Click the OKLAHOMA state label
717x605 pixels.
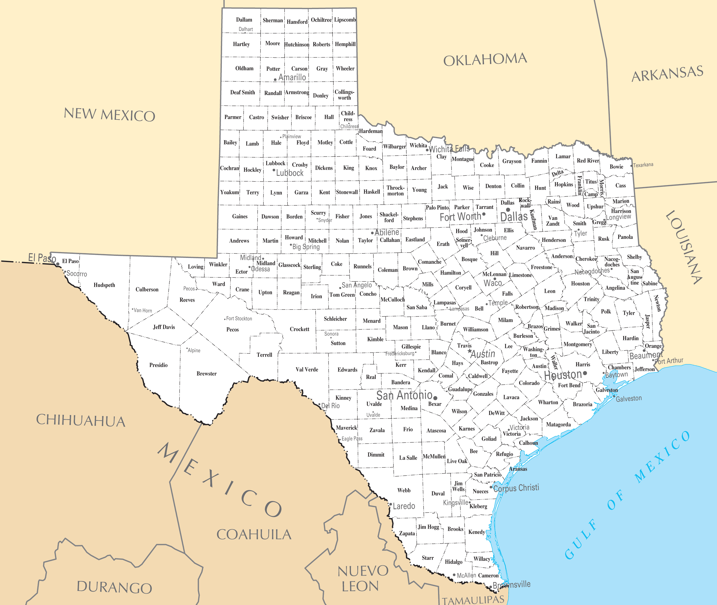(x=485, y=60)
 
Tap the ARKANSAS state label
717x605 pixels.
(x=667, y=73)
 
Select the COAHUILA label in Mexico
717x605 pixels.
(x=254, y=534)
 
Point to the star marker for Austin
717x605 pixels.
(x=470, y=351)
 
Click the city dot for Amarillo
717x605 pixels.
(x=275, y=80)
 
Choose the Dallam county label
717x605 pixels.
(x=244, y=20)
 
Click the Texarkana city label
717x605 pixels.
(x=643, y=165)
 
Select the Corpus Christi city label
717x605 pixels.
(x=516, y=488)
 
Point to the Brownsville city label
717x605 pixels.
(x=511, y=584)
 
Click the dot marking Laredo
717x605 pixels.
(x=390, y=504)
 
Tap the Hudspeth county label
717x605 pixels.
(x=104, y=285)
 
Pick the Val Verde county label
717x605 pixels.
(x=307, y=369)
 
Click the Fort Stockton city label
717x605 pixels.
(x=239, y=319)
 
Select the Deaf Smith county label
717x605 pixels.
(x=242, y=92)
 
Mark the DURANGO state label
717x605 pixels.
(x=114, y=588)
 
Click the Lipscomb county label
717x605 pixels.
(x=345, y=20)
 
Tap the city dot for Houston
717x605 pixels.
(x=585, y=373)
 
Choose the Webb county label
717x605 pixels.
(x=404, y=490)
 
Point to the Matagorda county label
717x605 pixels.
(x=558, y=425)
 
